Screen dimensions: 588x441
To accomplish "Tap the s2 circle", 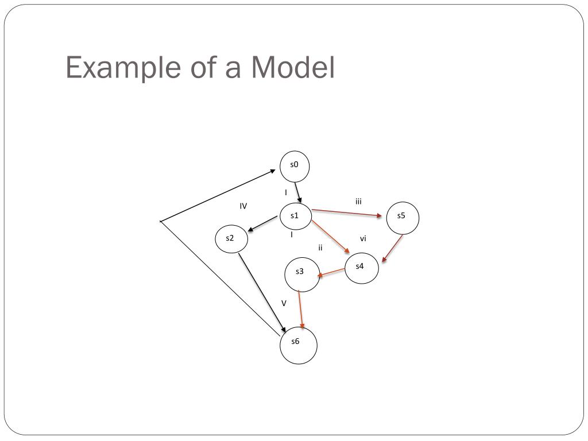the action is click(231, 239).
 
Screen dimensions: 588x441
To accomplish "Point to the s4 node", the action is click(362, 267).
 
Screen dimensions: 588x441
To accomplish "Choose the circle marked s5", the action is click(402, 218).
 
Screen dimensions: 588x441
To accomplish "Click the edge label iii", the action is click(358, 201).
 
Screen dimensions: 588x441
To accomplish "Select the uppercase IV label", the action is click(243, 206).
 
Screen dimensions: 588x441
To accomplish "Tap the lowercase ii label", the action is click(320, 247).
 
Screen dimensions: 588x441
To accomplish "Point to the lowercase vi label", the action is click(363, 238).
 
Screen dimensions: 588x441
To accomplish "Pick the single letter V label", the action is click(284, 303).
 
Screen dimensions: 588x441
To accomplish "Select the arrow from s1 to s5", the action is click(347, 213).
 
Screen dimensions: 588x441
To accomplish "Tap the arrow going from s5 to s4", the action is click(392, 248).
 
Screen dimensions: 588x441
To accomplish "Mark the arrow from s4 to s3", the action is click(331, 272).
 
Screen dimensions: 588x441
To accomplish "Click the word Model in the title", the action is click(292, 68).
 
